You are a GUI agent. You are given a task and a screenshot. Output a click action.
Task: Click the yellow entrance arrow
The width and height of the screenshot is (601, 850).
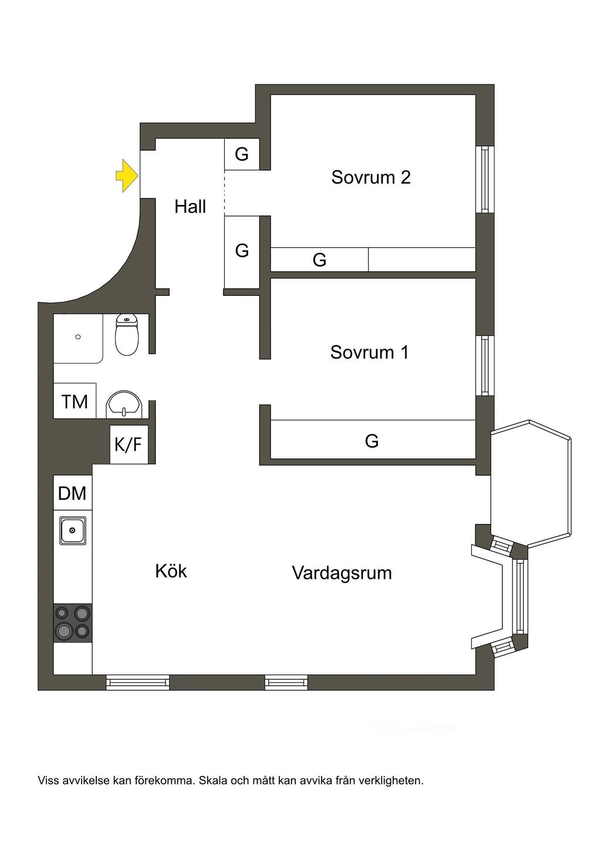127,176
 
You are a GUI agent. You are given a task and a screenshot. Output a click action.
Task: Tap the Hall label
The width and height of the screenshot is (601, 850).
190,207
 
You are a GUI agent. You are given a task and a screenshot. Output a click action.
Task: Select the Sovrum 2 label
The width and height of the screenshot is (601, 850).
371,177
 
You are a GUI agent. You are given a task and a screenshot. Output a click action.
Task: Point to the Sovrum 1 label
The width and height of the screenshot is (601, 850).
370,352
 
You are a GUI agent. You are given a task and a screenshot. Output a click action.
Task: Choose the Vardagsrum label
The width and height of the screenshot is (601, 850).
342,573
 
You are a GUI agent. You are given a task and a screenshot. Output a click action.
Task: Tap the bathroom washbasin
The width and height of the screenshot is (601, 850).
124,404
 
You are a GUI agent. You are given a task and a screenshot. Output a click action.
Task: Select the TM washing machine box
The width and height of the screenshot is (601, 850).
75,401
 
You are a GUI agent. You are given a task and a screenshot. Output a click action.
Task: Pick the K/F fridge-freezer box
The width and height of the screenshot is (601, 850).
129,444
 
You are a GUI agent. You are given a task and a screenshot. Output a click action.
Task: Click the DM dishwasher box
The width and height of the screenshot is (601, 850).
73,493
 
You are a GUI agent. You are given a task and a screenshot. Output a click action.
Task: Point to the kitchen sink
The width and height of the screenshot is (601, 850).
72,531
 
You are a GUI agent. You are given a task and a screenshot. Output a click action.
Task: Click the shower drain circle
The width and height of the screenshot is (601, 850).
78,336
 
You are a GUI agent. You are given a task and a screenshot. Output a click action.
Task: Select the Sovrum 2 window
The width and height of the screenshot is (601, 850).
485,180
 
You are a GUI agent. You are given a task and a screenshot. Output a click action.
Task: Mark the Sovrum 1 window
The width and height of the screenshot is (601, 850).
485,366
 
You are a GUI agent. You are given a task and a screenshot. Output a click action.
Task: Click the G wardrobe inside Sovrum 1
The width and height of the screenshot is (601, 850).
373,440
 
